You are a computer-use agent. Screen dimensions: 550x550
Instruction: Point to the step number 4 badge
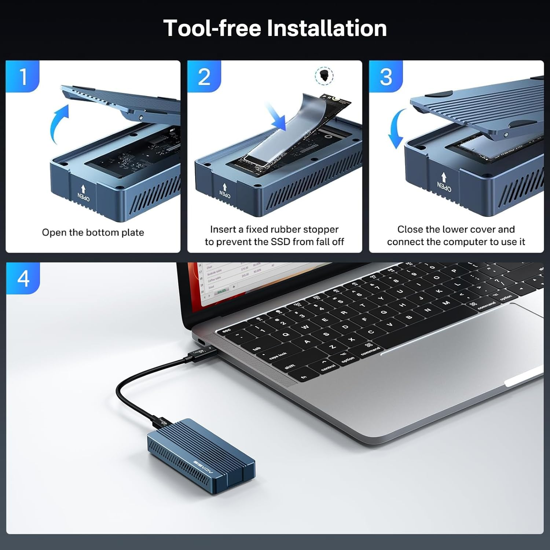pyautogui.click(x=23, y=278)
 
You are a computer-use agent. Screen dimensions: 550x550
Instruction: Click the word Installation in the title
pyautogui.click(x=327, y=28)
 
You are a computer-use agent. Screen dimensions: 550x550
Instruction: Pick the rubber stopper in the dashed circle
pyautogui.click(x=324, y=76)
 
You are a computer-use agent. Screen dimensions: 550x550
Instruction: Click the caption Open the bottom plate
pyautogui.click(x=93, y=232)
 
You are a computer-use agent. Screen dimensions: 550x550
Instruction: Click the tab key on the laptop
pyautogui.click(x=257, y=348)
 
